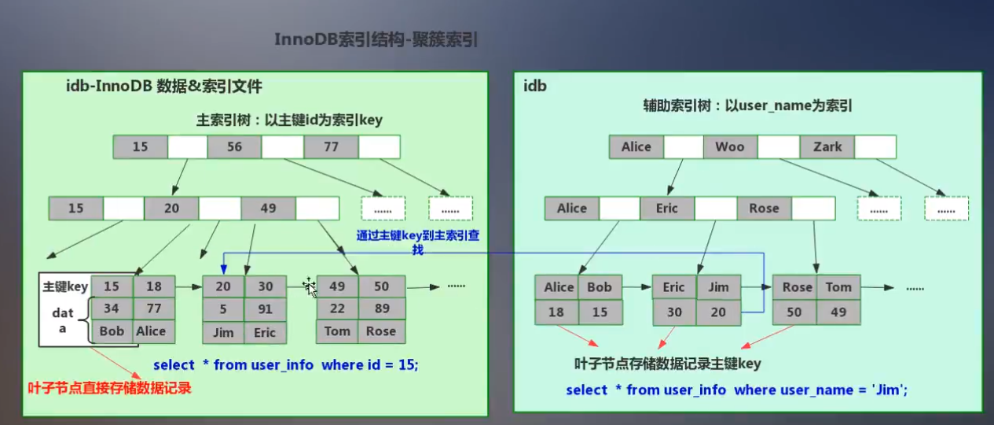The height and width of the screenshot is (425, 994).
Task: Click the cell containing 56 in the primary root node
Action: coord(234,146)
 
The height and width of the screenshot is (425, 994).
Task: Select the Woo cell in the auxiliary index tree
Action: coord(729,146)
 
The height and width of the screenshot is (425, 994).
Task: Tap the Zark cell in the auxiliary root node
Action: coord(827,146)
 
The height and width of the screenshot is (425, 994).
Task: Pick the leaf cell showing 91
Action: coord(265,309)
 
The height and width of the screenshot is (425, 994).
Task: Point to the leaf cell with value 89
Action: coord(381,309)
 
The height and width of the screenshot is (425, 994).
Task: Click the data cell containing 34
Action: coord(112,309)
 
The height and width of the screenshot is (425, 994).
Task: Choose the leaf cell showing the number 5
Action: coord(223,309)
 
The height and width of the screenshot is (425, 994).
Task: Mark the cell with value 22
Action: coord(337,309)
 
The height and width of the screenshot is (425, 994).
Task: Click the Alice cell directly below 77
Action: coord(151,331)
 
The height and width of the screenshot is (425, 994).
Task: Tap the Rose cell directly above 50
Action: coord(797,287)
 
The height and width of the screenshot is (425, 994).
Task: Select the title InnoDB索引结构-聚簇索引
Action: coord(376,40)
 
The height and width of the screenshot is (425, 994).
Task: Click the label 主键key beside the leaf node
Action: coord(65,286)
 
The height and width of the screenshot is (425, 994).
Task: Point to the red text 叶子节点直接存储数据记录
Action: coord(109,387)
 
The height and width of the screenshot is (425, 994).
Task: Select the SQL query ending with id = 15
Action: coord(286,364)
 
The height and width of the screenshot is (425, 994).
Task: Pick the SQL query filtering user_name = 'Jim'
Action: coord(737,390)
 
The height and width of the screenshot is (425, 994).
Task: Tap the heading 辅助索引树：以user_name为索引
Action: coord(747,105)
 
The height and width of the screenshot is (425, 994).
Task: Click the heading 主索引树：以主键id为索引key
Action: coord(289,120)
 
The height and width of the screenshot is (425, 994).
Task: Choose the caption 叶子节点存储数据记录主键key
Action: coord(668,364)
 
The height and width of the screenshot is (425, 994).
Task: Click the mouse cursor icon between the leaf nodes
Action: coord(310,287)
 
